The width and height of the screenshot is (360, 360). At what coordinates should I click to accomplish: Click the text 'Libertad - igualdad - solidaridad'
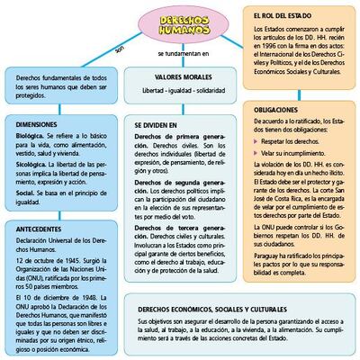(x=177, y=92)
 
